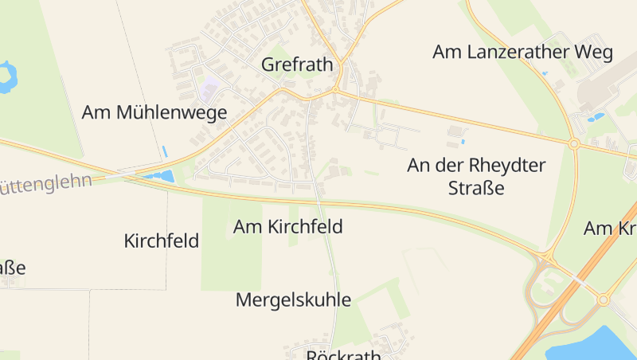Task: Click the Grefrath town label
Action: pyautogui.click(x=297, y=65)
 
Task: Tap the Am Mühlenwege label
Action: pyautogui.click(x=154, y=112)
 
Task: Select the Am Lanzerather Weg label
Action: pyautogui.click(x=522, y=53)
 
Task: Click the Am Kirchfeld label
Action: pyautogui.click(x=287, y=227)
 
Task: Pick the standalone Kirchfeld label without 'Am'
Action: pyautogui.click(x=162, y=241)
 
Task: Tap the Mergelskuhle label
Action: pyautogui.click(x=293, y=300)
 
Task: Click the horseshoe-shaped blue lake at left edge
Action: pyautogui.click(x=7, y=76)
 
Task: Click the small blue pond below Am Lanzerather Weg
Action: pyautogui.click(x=595, y=118)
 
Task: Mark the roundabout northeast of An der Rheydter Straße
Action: pyautogui.click(x=574, y=143)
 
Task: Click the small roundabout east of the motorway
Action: pyautogui.click(x=603, y=299)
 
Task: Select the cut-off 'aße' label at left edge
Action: pyautogui.click(x=12, y=268)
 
